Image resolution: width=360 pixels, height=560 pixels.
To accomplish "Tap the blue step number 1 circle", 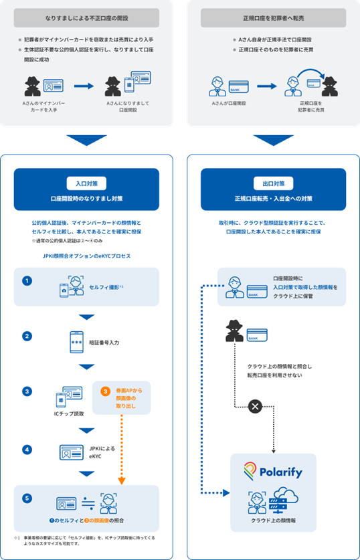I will click(x=27, y=281).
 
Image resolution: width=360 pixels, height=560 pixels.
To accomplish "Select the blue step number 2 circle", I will click(x=27, y=336).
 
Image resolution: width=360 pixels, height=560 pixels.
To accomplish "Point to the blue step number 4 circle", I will click(x=27, y=450).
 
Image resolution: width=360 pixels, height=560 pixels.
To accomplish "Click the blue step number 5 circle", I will click(x=27, y=498).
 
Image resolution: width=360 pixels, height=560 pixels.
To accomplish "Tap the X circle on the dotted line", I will click(x=254, y=405).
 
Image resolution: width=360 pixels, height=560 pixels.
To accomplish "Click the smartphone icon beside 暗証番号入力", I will click(x=77, y=341).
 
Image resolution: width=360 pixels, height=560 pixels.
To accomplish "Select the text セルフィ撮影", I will click(x=106, y=287).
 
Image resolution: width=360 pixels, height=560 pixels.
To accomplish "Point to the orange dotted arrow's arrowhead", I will click(x=122, y=479).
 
